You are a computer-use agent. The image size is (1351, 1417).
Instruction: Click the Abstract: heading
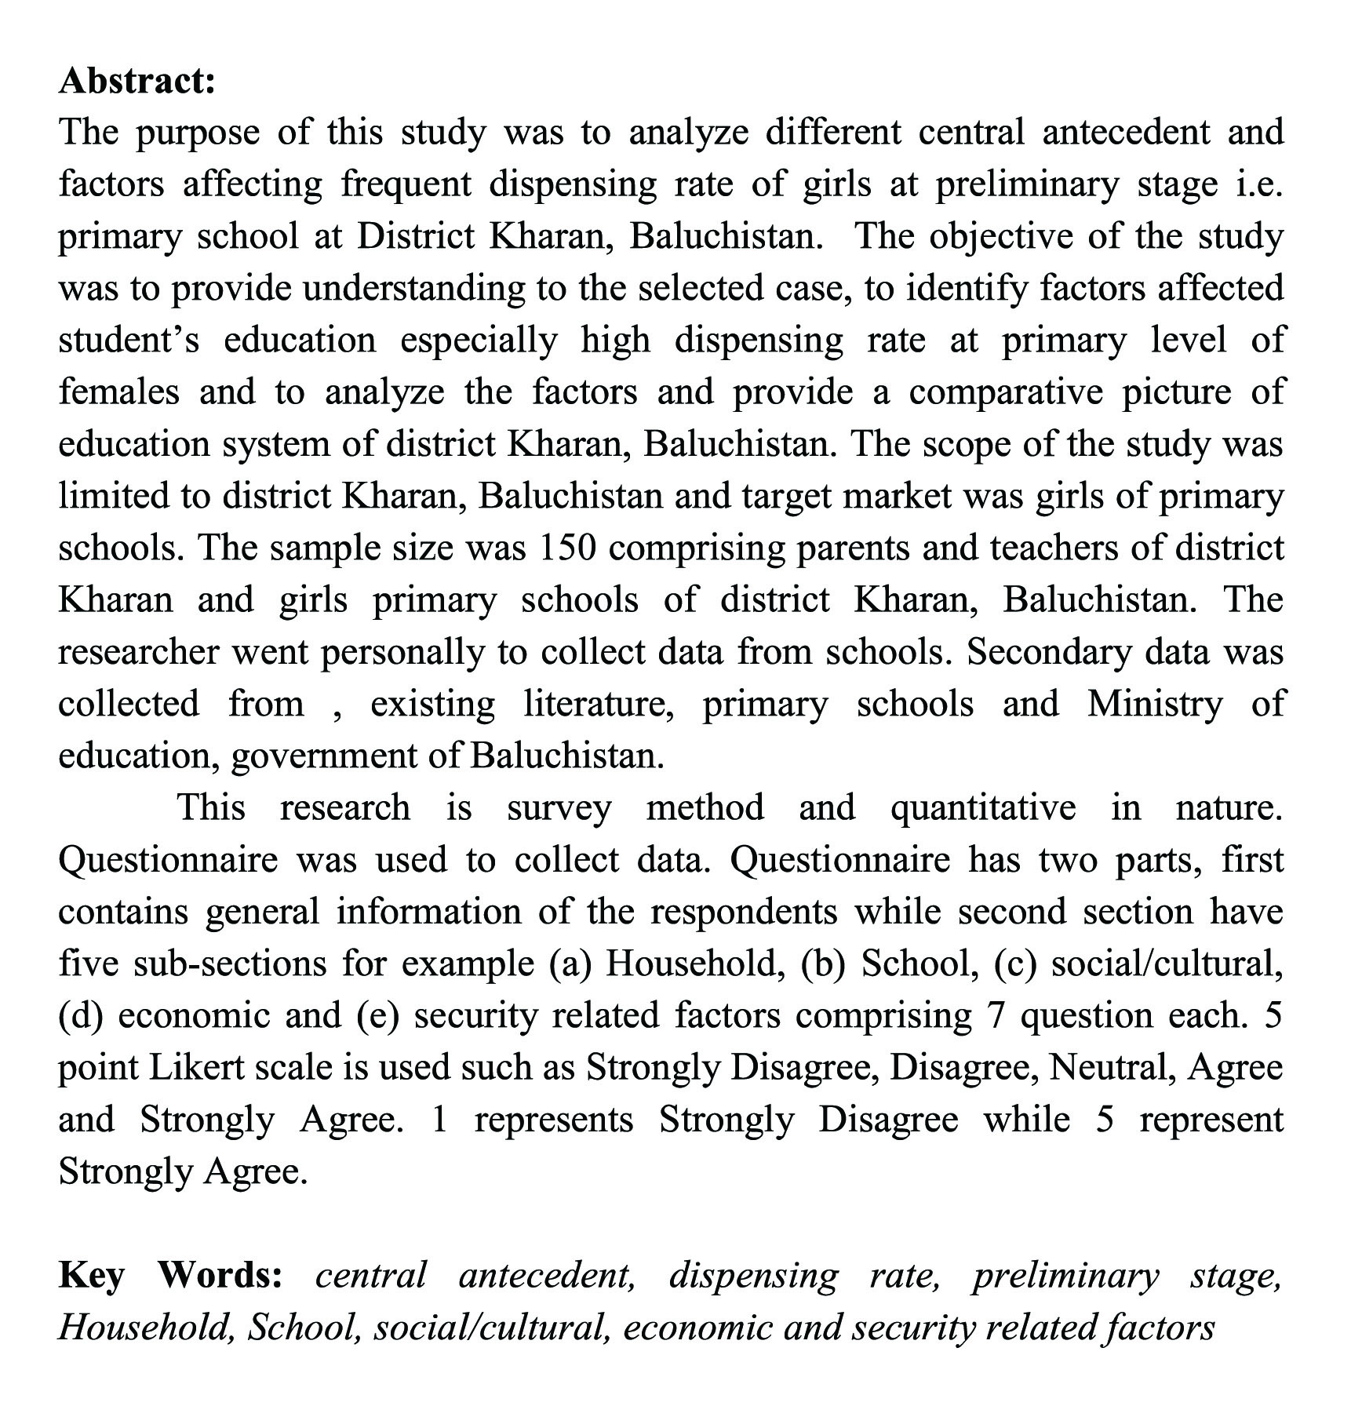click(137, 81)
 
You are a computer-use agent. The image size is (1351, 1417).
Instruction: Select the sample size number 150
click(568, 548)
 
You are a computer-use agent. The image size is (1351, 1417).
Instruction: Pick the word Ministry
click(1154, 704)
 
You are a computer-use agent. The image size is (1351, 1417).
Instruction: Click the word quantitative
click(982, 807)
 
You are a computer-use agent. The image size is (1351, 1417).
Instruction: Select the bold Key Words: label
click(170, 1275)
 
